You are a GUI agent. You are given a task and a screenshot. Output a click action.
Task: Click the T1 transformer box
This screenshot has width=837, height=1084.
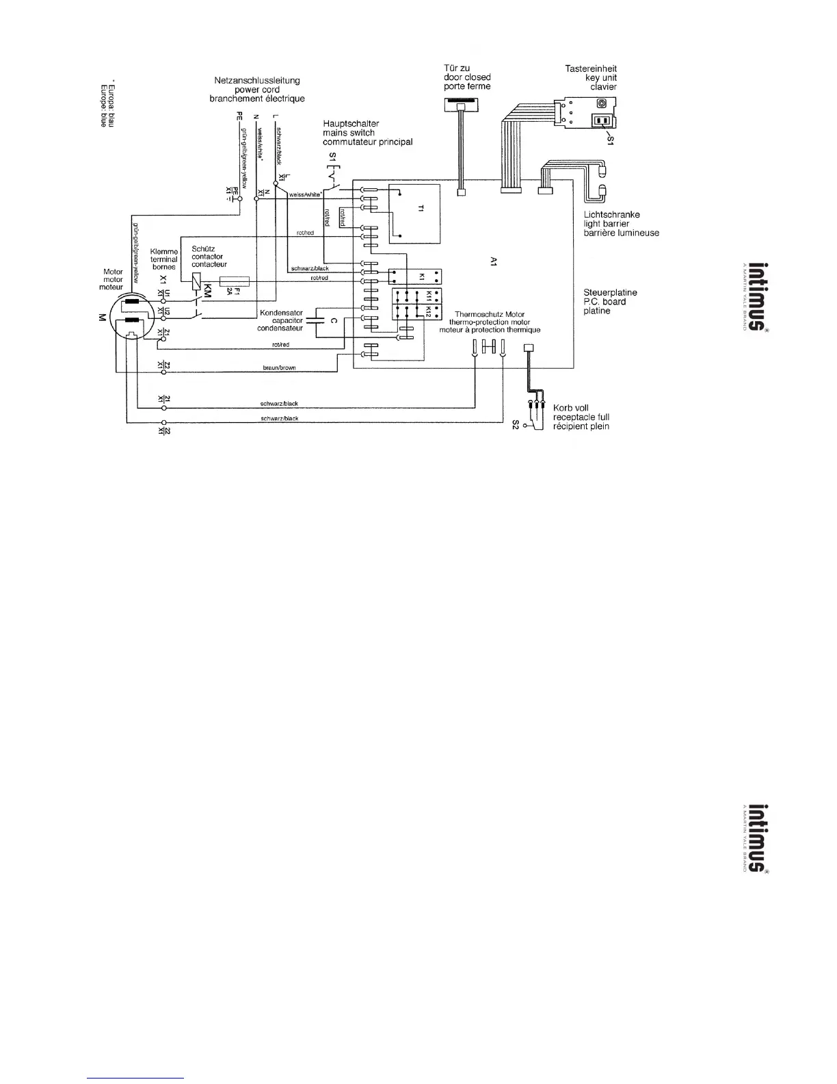tap(414, 214)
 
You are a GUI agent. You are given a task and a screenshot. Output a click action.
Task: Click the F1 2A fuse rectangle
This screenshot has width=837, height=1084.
tap(234, 281)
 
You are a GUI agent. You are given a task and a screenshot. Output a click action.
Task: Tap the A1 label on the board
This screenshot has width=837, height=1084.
tap(494, 261)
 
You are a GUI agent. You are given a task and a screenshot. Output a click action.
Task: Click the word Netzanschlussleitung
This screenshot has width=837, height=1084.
tap(257, 81)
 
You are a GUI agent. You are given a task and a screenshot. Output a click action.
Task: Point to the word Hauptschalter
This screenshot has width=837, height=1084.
tap(351, 124)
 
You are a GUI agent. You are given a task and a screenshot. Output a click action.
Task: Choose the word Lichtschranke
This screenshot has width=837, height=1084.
tap(611, 215)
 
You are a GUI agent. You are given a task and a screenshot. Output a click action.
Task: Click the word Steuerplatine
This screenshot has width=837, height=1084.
tap(610, 292)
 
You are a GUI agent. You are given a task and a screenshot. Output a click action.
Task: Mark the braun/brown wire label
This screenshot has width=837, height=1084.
tap(279, 368)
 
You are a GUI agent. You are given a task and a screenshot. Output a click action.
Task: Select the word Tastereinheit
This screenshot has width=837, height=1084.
tap(591, 68)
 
